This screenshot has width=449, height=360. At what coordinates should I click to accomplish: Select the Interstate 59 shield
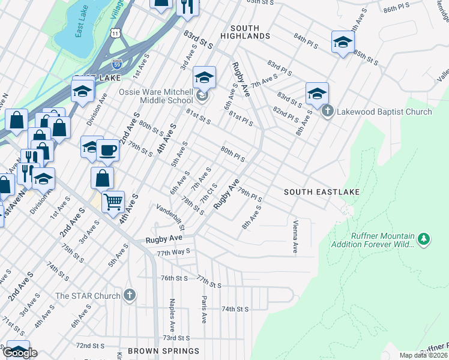[117, 63]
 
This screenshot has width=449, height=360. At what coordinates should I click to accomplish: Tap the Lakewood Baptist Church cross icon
[327, 111]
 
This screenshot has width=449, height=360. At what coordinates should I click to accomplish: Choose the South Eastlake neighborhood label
[322, 191]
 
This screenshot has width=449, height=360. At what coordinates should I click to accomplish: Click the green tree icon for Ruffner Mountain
[424, 239]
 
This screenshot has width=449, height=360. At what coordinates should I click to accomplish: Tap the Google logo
[19, 353]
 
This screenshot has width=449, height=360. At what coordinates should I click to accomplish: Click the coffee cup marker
[107, 150]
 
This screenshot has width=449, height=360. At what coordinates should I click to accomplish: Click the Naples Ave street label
[172, 311]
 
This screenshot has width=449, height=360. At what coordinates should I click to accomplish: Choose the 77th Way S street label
[173, 252]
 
